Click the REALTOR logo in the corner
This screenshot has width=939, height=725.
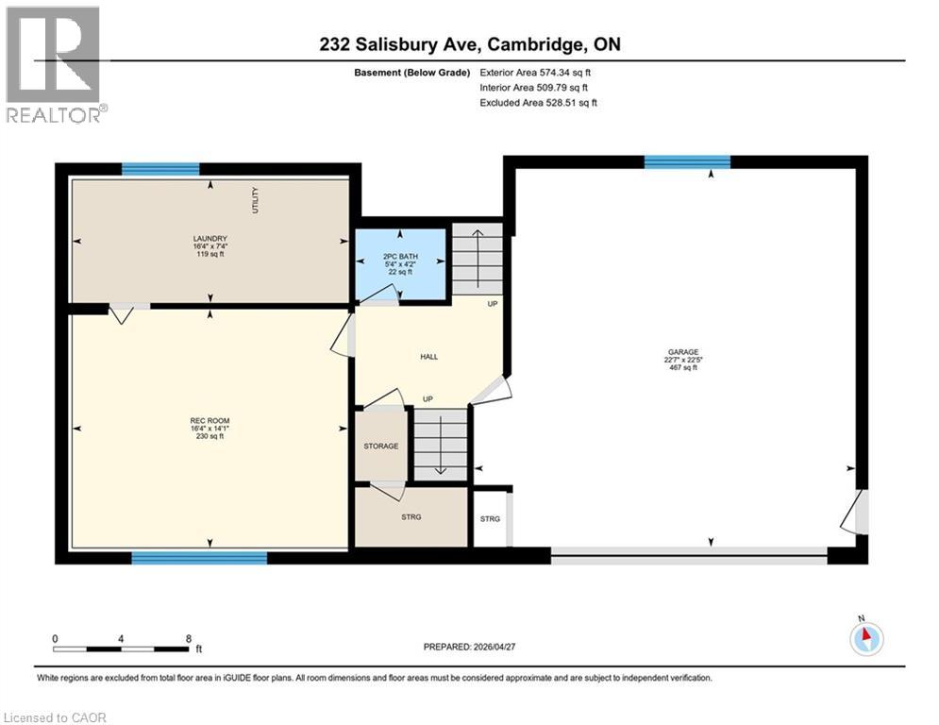click(x=54, y=64)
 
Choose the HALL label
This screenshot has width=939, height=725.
click(x=429, y=357)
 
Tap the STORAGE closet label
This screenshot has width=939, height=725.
click(x=381, y=446)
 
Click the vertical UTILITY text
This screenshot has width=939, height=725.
click(x=255, y=200)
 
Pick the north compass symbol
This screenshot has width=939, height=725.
click(x=865, y=637)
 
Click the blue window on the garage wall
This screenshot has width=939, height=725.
click(x=687, y=161)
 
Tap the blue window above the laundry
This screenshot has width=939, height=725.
click(x=160, y=169)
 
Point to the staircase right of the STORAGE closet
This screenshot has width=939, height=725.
click(x=441, y=445)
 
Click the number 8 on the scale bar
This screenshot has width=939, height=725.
click(x=189, y=638)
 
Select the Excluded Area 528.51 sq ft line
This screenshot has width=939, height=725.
click(x=539, y=102)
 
